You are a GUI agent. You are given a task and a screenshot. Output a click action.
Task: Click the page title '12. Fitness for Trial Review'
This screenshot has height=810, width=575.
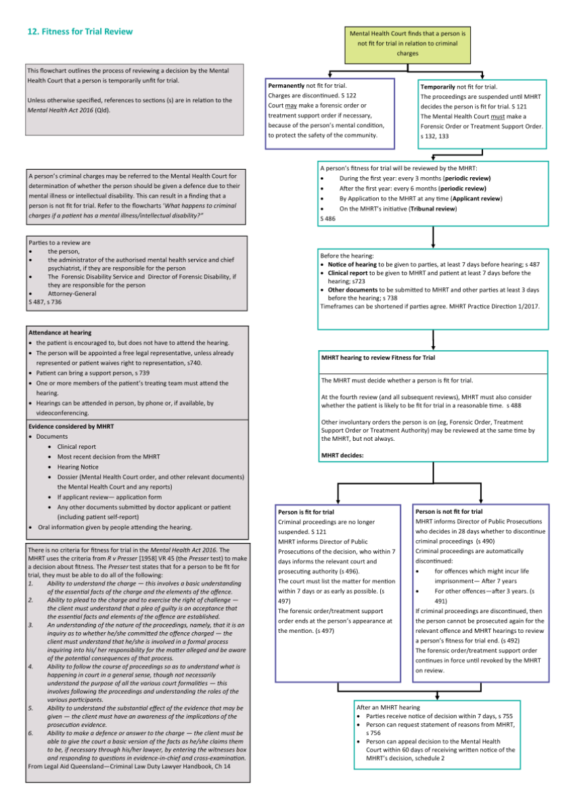point(79,31)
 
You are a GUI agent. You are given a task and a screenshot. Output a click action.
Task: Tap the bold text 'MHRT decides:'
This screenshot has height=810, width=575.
point(342,455)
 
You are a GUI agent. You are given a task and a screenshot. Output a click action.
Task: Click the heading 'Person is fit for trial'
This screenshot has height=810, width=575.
point(306,512)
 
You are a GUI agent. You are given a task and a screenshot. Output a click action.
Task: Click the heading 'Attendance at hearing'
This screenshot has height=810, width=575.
point(60,333)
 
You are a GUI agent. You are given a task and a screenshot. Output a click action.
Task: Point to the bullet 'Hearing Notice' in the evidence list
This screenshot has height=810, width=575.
point(78,467)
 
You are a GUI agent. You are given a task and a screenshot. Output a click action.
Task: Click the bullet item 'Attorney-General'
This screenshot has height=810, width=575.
point(72,293)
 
